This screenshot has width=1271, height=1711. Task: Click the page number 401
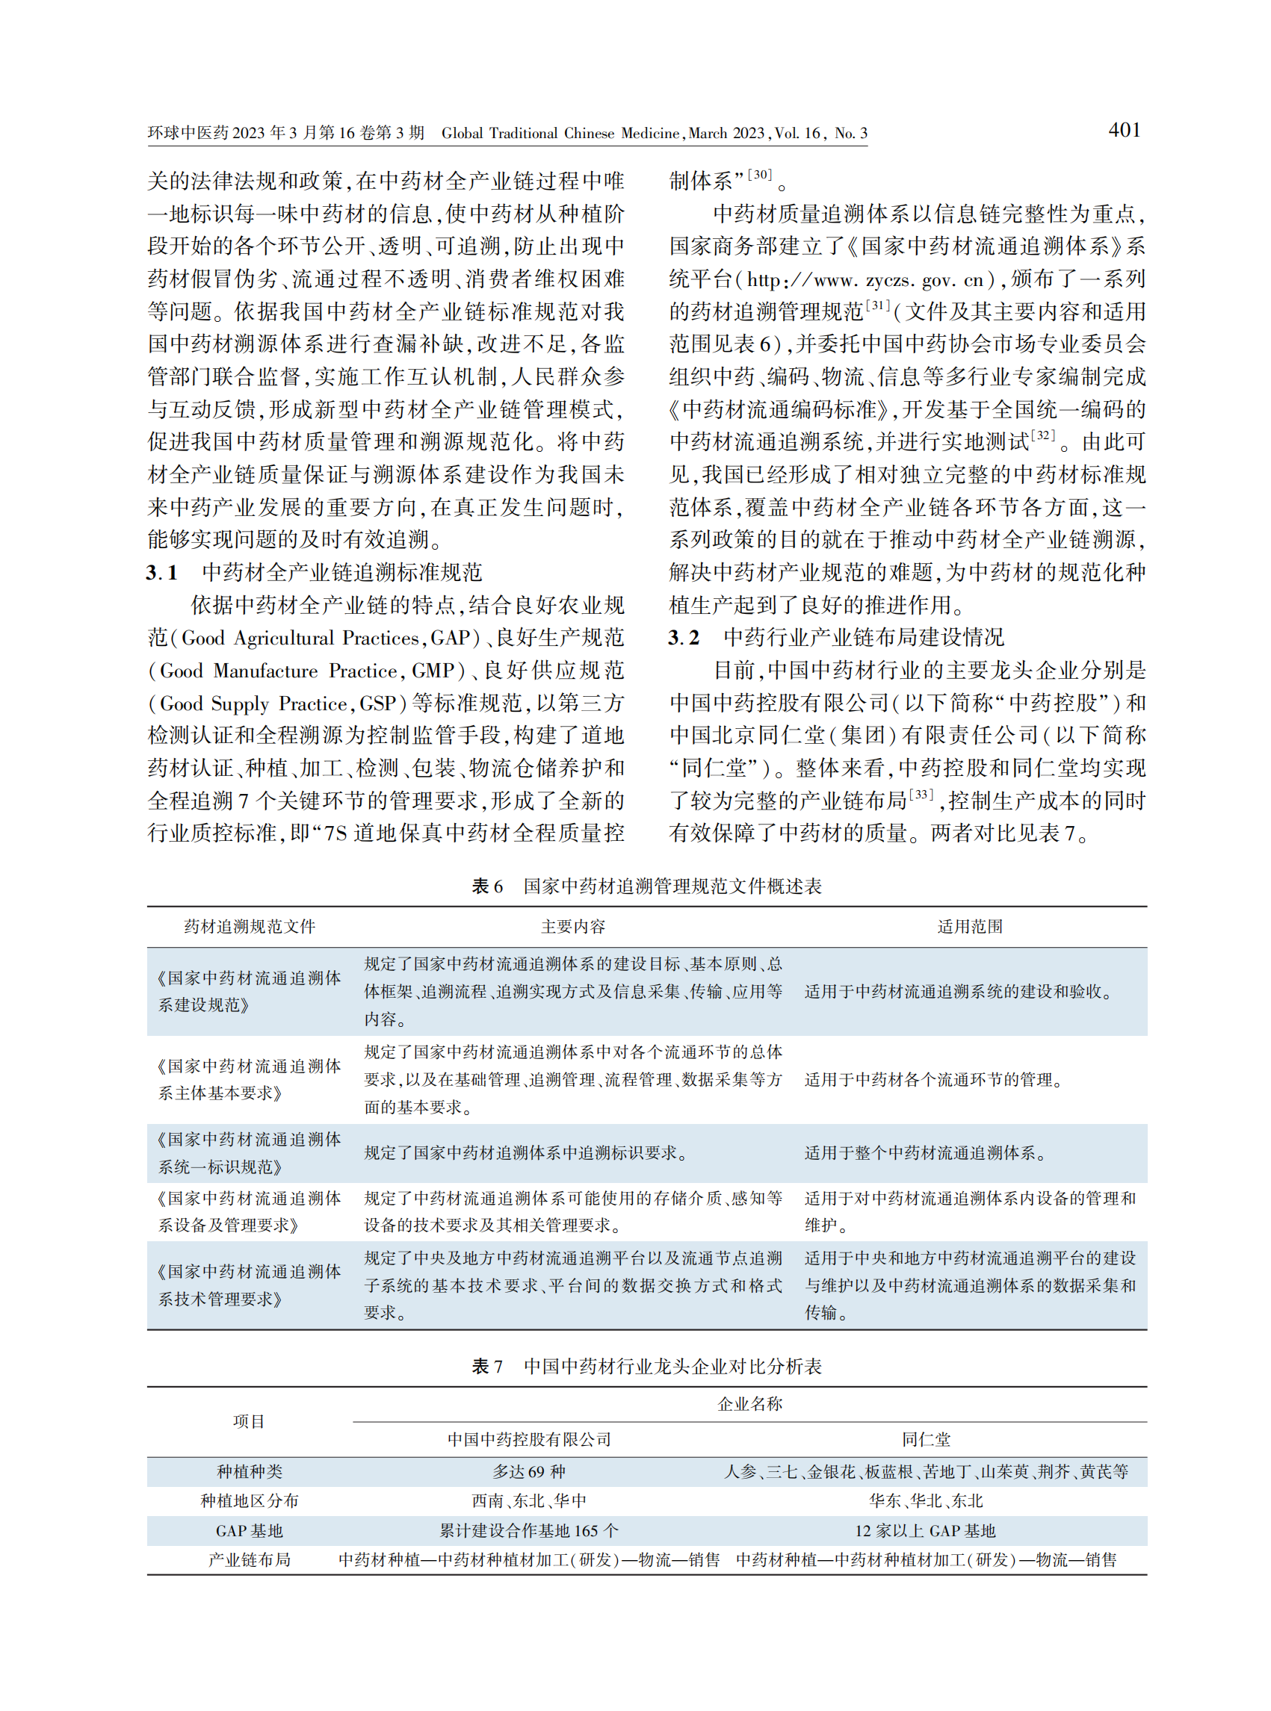[1123, 130]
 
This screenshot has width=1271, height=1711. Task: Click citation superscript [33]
[922, 794]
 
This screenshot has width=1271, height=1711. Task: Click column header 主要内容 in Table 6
[573, 927]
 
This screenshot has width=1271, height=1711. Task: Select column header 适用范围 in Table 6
[969, 927]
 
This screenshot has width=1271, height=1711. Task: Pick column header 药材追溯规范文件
[250, 927]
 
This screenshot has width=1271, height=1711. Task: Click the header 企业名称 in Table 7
[749, 1403]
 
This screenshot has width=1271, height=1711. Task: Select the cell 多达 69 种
[529, 1471]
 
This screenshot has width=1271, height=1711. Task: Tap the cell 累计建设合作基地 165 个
[529, 1530]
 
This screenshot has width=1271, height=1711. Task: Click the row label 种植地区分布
[250, 1500]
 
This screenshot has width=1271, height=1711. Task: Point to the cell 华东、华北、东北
[926, 1500]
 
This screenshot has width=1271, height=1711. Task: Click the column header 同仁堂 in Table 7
[926, 1438]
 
